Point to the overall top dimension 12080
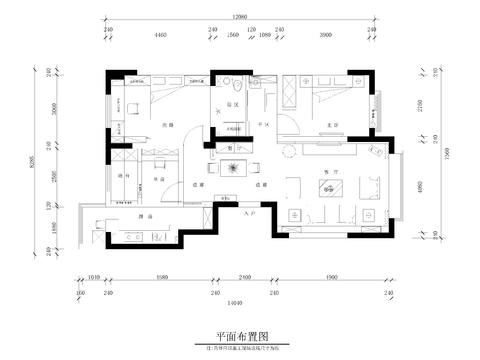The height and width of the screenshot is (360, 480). [x=238, y=17]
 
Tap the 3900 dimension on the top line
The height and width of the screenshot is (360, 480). [x=325, y=33]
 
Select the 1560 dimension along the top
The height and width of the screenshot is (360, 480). [x=233, y=33]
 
